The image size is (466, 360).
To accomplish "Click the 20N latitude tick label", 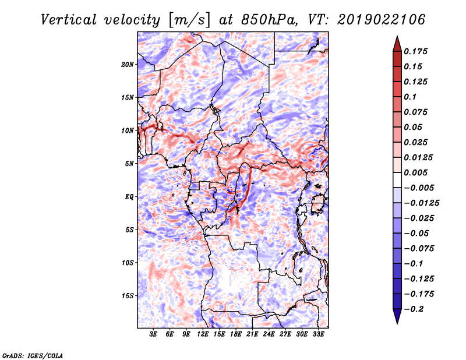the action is (x=128, y=64).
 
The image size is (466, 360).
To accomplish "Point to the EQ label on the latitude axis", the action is (x=129, y=196).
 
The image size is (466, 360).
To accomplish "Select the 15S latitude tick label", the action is (x=128, y=295).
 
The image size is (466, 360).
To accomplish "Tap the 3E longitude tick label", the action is (x=153, y=334).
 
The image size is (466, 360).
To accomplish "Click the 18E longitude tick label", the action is (x=235, y=334).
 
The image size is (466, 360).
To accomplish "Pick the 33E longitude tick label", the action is (x=318, y=334).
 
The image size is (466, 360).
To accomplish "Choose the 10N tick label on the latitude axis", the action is (x=128, y=130).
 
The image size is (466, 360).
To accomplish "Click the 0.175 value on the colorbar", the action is (x=415, y=51).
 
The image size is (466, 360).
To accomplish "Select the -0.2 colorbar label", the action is (x=414, y=309).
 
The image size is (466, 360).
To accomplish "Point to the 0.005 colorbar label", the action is (x=415, y=172).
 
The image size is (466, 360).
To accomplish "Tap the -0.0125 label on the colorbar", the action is (x=421, y=203).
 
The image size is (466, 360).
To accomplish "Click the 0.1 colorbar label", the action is (x=410, y=97).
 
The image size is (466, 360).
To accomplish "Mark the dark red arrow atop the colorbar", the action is (x=397, y=44).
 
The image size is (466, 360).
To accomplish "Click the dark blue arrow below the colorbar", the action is (x=397, y=316).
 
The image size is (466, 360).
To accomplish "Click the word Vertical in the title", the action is (x=69, y=20).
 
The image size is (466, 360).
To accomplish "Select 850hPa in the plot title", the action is (x=269, y=20).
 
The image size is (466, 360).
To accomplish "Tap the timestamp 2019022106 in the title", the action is (x=382, y=20).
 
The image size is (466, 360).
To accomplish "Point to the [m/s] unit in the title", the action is (x=189, y=20).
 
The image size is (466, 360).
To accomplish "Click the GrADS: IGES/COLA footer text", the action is (x=33, y=355).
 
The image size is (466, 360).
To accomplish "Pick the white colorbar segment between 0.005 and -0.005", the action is (x=397, y=180).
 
